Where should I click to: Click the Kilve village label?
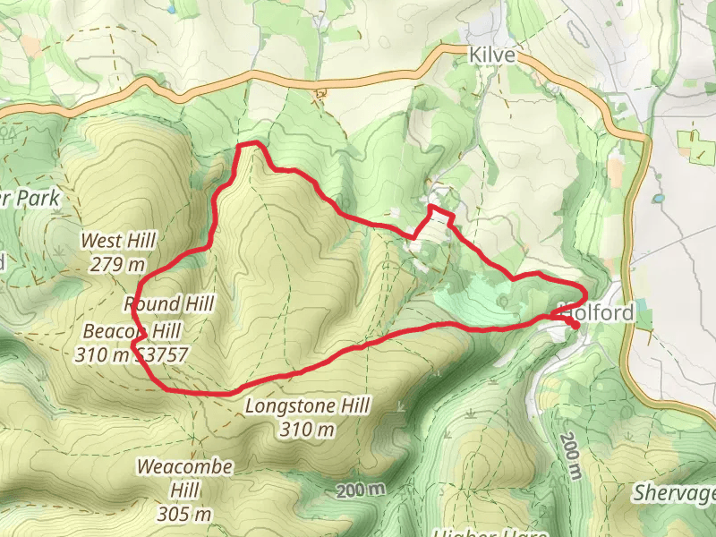pyautogui.click(x=492, y=55)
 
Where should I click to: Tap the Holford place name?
pyautogui.click(x=598, y=313)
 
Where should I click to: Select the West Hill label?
pyautogui.click(x=118, y=241)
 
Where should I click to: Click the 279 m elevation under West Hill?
pyautogui.click(x=118, y=264)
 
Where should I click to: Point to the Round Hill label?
pyautogui.click(x=170, y=304)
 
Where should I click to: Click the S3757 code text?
pyautogui.click(x=162, y=354)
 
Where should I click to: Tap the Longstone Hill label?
pyautogui.click(x=307, y=407)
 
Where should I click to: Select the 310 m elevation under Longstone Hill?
pyautogui.click(x=307, y=430)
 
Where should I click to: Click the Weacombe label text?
pyautogui.click(x=185, y=467)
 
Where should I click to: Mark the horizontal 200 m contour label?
pyautogui.click(x=362, y=490)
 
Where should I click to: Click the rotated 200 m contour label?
pyautogui.click(x=569, y=453)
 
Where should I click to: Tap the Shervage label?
pyautogui.click(x=676, y=494)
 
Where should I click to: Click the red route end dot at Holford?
pyautogui.click(x=574, y=326)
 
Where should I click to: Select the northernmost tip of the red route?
pyautogui.click(x=250, y=143)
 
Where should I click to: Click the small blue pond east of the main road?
pyautogui.click(x=659, y=198)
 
